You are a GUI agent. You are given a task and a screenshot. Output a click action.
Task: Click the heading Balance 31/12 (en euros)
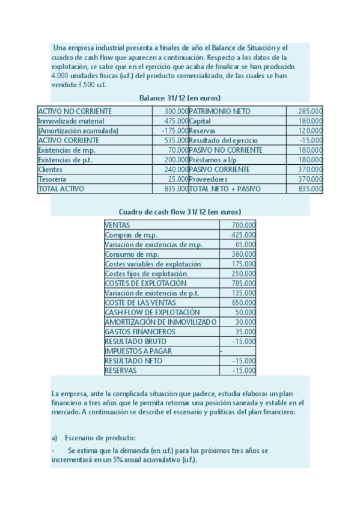pos(180,97)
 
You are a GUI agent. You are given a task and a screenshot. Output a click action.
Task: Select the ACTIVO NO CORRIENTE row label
pos(75,111)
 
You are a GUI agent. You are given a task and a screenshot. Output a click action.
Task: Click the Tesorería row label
pos(52,179)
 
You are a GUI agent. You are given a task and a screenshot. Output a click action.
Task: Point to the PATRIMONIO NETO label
pos(220,111)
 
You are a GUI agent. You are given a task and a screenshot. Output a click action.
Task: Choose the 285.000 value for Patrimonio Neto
pos(310,111)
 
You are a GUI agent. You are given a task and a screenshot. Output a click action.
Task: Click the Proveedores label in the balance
pos(209,179)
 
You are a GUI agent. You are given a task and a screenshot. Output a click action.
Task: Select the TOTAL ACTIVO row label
pos(61,188)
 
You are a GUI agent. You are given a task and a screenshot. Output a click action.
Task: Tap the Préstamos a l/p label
pos(215,159)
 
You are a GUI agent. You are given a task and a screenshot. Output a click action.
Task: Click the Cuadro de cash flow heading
pos(180,212)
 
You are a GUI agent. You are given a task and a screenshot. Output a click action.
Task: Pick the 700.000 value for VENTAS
pos(243,225)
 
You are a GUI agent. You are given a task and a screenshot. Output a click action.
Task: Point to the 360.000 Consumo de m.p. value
pos(243,254)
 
